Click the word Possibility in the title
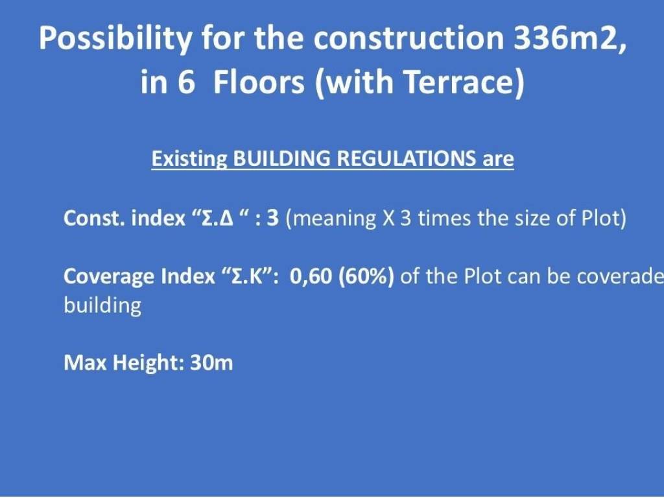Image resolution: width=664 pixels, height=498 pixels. coord(115,39)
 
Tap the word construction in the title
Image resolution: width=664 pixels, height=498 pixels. coord(409,38)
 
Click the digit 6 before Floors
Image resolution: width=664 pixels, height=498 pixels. coord(185,82)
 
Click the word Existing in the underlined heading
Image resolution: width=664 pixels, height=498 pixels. coord(189,160)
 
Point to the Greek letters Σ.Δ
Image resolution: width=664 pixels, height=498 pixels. coord(218,218)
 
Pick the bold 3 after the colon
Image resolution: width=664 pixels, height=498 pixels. coord(273,218)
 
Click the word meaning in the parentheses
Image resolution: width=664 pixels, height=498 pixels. coord(334,219)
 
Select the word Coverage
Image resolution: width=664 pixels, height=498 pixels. coord(109,277)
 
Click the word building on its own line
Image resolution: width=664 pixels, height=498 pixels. coord(102,306)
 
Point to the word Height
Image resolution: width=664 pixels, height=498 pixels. coord(148,363)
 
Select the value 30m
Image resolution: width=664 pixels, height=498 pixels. coord(211,362)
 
